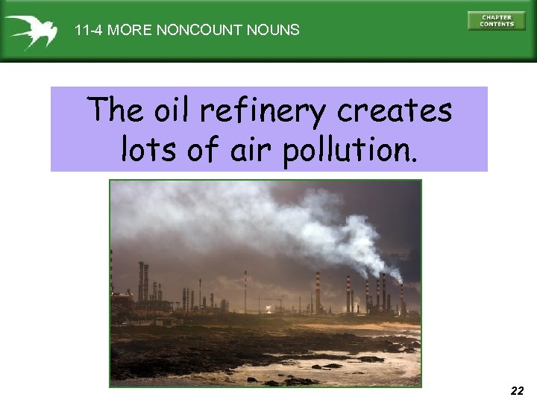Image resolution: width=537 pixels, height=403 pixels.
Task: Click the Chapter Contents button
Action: (x=496, y=21)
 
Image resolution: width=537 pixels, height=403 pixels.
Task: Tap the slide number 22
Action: (x=517, y=390)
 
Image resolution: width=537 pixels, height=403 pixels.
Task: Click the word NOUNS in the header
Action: (x=275, y=31)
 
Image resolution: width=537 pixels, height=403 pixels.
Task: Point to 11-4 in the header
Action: (x=89, y=31)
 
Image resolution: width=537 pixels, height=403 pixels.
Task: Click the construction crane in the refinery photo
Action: (x=274, y=302)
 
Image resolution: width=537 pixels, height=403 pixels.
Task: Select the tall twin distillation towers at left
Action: (x=142, y=282)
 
